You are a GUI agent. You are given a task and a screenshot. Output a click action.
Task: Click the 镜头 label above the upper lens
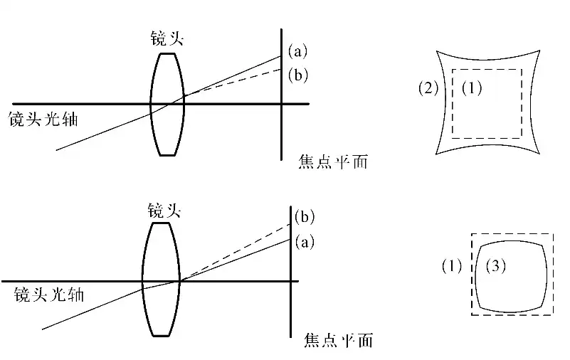167,38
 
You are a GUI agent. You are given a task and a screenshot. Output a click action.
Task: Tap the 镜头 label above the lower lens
164,210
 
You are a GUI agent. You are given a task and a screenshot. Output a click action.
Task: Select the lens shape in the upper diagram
167,103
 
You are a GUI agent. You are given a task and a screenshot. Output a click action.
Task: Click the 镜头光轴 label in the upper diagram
43,119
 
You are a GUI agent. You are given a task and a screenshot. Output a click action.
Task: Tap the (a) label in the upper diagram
297,51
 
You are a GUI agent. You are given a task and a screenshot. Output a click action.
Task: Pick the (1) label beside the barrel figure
452,267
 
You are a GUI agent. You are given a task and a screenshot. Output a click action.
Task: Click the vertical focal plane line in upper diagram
282,128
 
